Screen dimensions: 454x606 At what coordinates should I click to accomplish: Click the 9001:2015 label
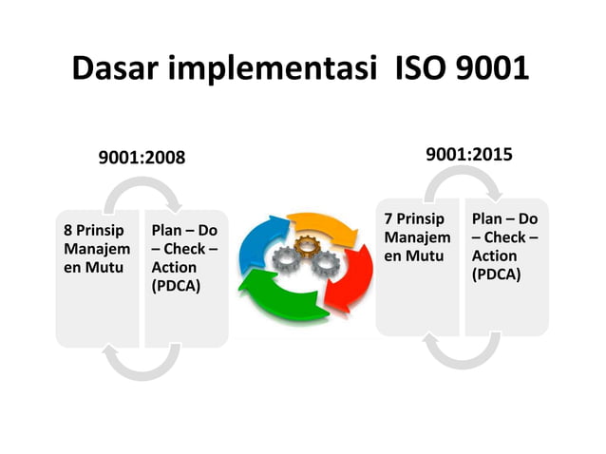coord(469,152)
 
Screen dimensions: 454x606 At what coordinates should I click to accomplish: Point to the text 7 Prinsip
coord(415,219)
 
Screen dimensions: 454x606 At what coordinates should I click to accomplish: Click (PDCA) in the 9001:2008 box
coord(176,285)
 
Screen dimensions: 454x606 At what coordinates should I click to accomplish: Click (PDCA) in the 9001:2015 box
coord(496,274)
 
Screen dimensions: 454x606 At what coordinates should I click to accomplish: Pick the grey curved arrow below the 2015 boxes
coord(462,351)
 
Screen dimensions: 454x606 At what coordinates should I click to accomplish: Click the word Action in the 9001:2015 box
coord(495,256)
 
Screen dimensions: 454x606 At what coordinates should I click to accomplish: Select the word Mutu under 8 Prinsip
coord(105,267)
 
